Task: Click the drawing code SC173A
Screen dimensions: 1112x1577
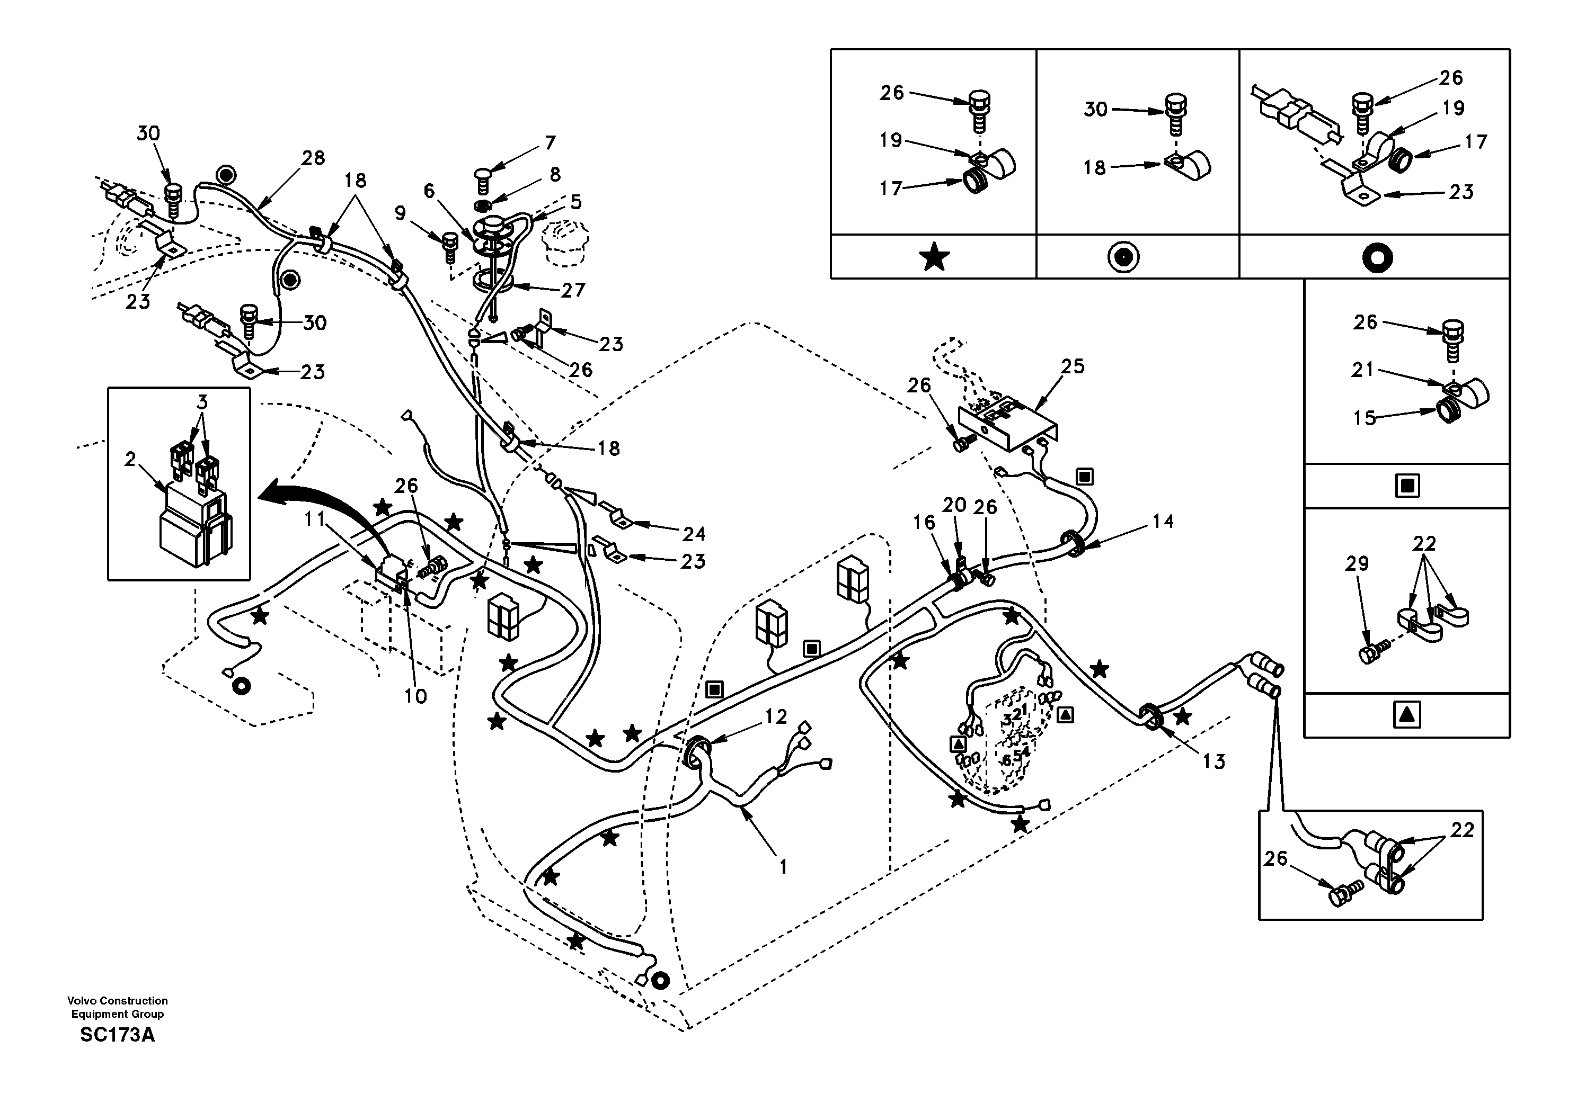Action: coord(118,1035)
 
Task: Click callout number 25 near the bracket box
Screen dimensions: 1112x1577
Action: coord(1072,366)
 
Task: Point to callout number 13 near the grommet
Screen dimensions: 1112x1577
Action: coord(1213,761)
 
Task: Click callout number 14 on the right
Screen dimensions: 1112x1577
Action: coord(1163,522)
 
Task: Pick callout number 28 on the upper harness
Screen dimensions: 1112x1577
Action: coord(313,158)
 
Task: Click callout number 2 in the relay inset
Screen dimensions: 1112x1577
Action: coord(130,459)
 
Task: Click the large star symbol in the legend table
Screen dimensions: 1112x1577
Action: coord(934,257)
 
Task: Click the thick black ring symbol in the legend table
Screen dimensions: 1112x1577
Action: coord(1377,257)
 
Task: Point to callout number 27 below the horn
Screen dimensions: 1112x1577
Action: coord(573,290)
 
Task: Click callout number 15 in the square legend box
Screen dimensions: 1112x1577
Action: coord(1365,418)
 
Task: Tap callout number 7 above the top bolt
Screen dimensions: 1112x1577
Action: coord(550,143)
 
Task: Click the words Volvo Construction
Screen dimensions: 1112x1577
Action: coord(118,1001)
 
